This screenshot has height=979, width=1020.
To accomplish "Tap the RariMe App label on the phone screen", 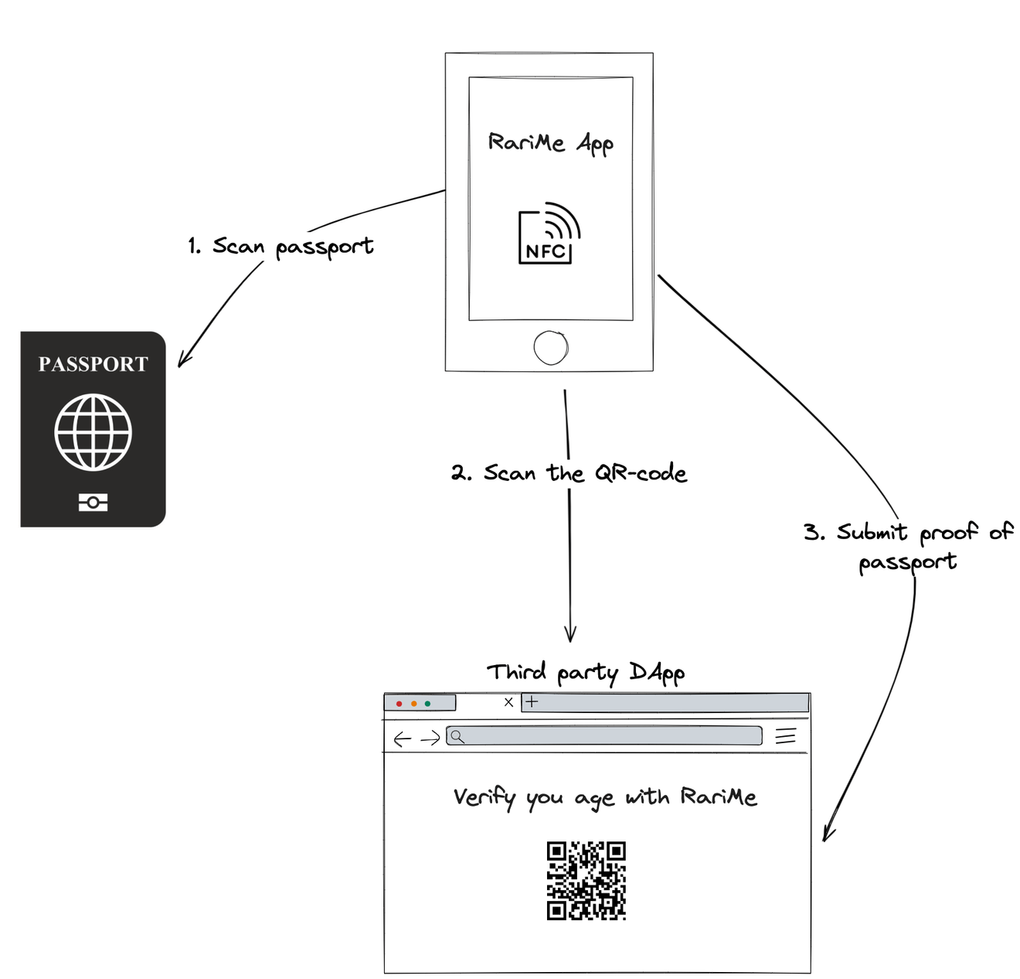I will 550,143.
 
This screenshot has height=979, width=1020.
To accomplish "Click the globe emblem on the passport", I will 93,432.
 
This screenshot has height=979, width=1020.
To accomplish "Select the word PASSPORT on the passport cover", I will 93,364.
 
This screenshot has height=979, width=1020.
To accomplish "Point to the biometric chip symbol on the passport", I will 93,503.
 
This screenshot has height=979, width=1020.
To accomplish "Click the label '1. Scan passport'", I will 280,246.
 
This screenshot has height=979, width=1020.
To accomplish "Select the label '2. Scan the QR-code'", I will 569,472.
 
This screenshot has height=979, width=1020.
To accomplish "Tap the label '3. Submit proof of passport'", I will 908,546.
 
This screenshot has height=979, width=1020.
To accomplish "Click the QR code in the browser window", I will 586,881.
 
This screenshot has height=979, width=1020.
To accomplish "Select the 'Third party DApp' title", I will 585,672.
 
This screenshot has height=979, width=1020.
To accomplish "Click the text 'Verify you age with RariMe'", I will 605,797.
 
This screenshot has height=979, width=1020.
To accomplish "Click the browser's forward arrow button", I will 430,739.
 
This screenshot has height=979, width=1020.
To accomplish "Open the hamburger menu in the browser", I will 785,735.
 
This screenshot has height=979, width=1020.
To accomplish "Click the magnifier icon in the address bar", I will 457,736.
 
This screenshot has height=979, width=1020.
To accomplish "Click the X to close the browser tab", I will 508,702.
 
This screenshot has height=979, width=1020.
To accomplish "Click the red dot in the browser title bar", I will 399,704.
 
